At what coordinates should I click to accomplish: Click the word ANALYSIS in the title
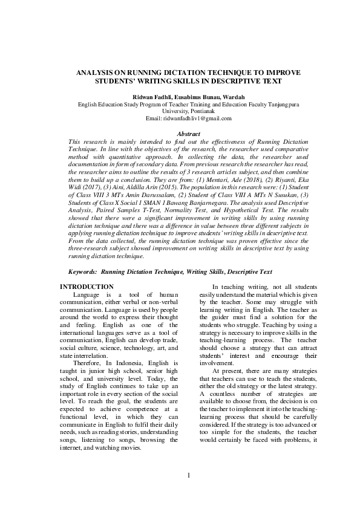tap(94, 72)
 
